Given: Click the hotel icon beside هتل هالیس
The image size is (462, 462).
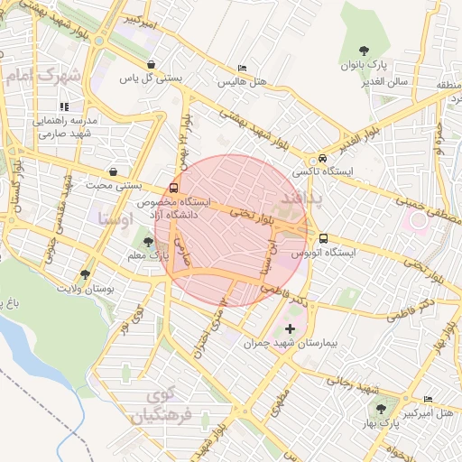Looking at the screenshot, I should coord(241,68).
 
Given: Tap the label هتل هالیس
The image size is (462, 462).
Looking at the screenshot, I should coord(241,81).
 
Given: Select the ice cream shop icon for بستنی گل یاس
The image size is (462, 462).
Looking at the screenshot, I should coord(152,64).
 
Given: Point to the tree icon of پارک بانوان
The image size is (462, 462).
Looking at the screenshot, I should coord(364,51).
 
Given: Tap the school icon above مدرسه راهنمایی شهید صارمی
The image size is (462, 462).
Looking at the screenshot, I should coord(63,106).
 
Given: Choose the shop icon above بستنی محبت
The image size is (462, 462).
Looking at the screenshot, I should coord(113,171).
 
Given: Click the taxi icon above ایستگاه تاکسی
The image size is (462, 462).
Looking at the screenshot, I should coord(323,155).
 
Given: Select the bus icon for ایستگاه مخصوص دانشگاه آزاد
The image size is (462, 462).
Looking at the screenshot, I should coord(173,189).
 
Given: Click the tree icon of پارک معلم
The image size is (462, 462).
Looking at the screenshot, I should coord(147,241).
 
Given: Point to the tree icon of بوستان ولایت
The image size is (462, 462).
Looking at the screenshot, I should coord(85,273).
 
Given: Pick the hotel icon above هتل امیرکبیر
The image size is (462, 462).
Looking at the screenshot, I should coord(428,399).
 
